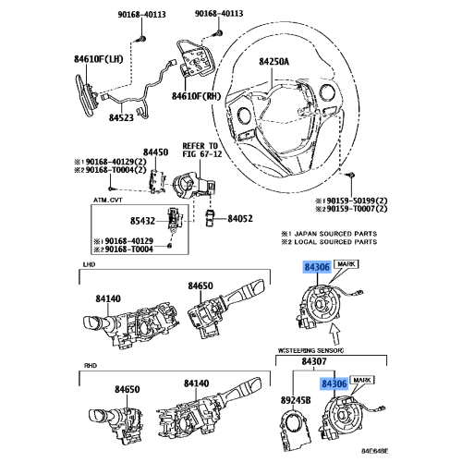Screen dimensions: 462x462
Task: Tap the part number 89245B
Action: pos(296,400)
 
